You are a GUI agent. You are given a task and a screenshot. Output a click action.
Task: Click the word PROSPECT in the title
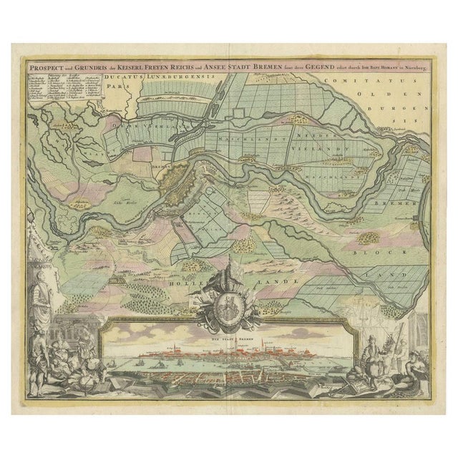(42, 63)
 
